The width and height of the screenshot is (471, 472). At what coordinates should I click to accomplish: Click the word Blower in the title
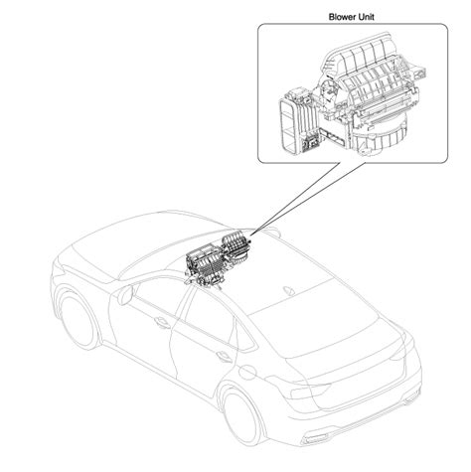point(342,17)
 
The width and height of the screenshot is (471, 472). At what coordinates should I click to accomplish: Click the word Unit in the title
point(366,17)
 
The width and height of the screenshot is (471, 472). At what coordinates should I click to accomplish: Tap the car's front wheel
point(78,320)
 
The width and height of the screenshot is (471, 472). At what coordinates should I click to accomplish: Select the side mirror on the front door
point(125,294)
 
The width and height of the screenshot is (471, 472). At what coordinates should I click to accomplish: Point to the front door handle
point(162,322)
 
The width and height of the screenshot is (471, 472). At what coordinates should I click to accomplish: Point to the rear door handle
point(224,356)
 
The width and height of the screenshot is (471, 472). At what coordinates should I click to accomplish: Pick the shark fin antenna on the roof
point(288,290)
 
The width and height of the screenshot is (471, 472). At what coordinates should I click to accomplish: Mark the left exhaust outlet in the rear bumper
point(315,439)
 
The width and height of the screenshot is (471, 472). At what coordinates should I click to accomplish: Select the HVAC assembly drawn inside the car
point(217,261)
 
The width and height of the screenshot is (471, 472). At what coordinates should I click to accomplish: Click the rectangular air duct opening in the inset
point(287,126)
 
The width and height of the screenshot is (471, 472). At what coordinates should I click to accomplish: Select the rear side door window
point(212,315)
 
